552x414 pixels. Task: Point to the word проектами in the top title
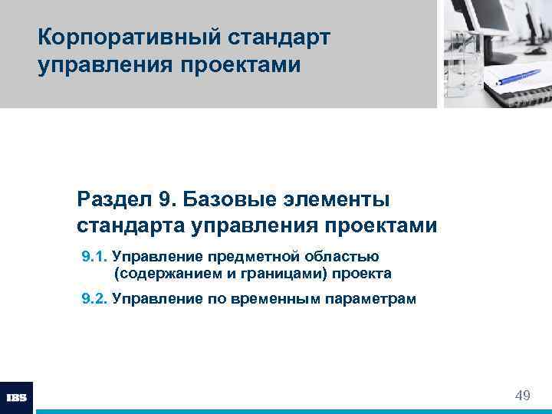pos(241,65)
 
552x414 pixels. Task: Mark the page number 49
pos(523,396)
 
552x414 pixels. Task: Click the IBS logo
pos(16,397)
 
